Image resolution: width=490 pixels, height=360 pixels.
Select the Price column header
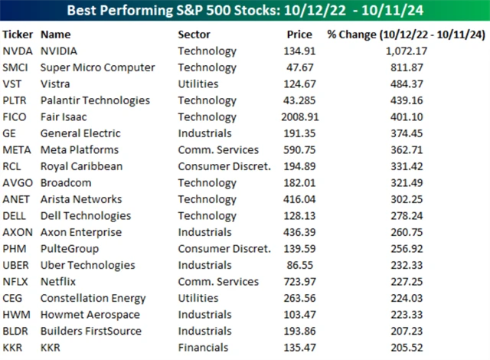(x=299, y=34)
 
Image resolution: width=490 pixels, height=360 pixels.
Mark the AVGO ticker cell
(x=17, y=183)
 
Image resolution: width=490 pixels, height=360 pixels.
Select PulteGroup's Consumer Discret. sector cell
(x=224, y=249)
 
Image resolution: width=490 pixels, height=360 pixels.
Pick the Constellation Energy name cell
(x=94, y=298)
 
